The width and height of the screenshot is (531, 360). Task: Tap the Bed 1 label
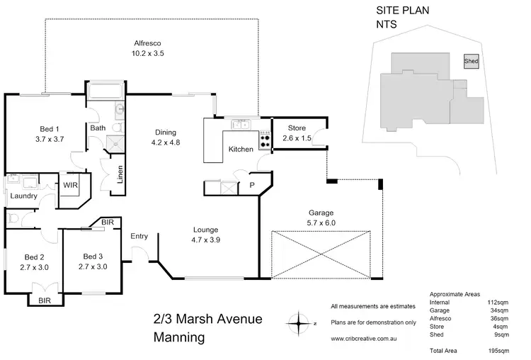pyautogui.click(x=48, y=128)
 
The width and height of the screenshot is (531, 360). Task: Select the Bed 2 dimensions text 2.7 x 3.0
pyautogui.click(x=34, y=266)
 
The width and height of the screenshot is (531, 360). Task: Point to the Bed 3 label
pyautogui.click(x=93, y=256)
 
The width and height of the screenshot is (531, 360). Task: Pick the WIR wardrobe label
pyautogui.click(x=70, y=185)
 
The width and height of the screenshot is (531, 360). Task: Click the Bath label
pyautogui.click(x=98, y=128)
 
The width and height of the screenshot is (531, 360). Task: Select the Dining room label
pyautogui.click(x=166, y=132)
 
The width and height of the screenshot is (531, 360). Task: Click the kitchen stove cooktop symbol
pyautogui.click(x=265, y=140)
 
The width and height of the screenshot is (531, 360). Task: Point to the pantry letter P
pyautogui.click(x=251, y=186)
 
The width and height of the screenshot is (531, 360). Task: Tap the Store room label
pyautogui.click(x=296, y=128)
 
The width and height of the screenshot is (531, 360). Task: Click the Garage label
pyautogui.click(x=320, y=212)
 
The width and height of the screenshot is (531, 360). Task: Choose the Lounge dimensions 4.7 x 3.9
pyautogui.click(x=207, y=240)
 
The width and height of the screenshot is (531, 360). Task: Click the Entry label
pyautogui.click(x=139, y=236)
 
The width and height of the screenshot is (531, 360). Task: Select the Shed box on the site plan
pyautogui.click(x=471, y=62)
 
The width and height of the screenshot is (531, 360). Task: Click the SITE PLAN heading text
pyautogui.click(x=402, y=10)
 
